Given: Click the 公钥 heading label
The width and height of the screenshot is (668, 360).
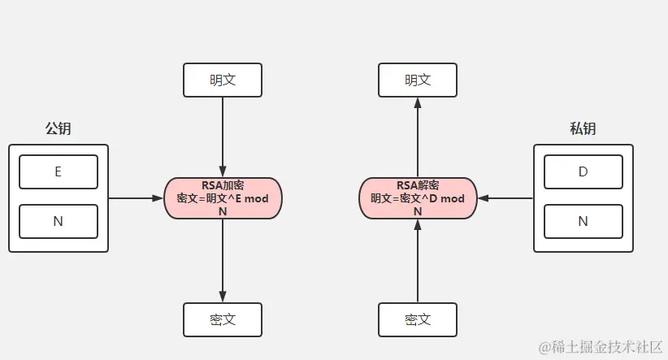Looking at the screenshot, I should [x=58, y=128].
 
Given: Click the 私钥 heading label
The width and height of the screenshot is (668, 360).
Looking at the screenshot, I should [x=583, y=128].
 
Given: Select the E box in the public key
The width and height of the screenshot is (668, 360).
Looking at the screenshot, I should [x=58, y=171].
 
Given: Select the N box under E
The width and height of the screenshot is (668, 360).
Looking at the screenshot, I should [x=58, y=221].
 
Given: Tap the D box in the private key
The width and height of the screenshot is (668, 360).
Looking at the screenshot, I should [x=583, y=171].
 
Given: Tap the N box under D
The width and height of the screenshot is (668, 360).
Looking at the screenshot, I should [x=583, y=221].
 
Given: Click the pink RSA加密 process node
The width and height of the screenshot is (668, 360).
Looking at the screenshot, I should [x=223, y=197].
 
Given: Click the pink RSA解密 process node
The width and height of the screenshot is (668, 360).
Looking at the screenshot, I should [x=418, y=197].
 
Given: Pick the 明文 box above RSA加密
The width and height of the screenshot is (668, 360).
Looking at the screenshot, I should [x=223, y=80].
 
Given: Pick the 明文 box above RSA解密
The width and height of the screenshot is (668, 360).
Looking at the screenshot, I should [x=418, y=80].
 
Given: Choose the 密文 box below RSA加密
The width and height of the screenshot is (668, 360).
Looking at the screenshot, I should [x=223, y=319].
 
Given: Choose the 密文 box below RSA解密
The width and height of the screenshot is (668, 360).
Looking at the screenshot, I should [x=418, y=319].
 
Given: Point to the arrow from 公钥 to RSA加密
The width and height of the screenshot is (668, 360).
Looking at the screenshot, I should [x=136, y=197].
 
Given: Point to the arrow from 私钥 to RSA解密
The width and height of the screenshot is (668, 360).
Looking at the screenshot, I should [x=505, y=197].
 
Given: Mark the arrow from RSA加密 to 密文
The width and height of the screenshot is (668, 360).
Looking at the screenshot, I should [x=223, y=260].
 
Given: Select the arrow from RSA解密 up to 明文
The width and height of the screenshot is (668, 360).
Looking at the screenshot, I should [x=418, y=137].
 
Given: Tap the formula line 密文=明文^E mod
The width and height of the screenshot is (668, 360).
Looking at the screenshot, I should [x=223, y=198].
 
